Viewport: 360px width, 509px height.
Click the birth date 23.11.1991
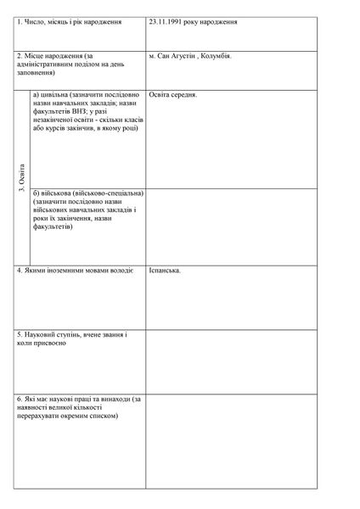[x=166, y=19]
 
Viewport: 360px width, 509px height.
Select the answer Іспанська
[x=165, y=271]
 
